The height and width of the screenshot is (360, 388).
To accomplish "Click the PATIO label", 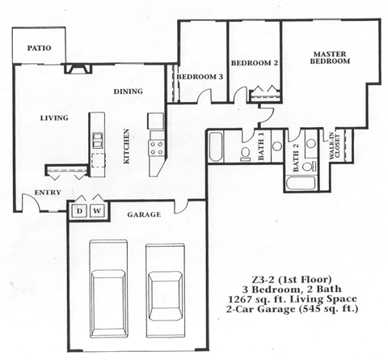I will click(x=39, y=49).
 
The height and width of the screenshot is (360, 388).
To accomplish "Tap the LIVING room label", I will click(x=54, y=118).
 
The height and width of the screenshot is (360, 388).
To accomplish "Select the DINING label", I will click(x=128, y=91).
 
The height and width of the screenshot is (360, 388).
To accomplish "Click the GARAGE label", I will click(x=144, y=215).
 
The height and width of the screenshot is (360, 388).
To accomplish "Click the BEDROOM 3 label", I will click(x=199, y=77).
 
